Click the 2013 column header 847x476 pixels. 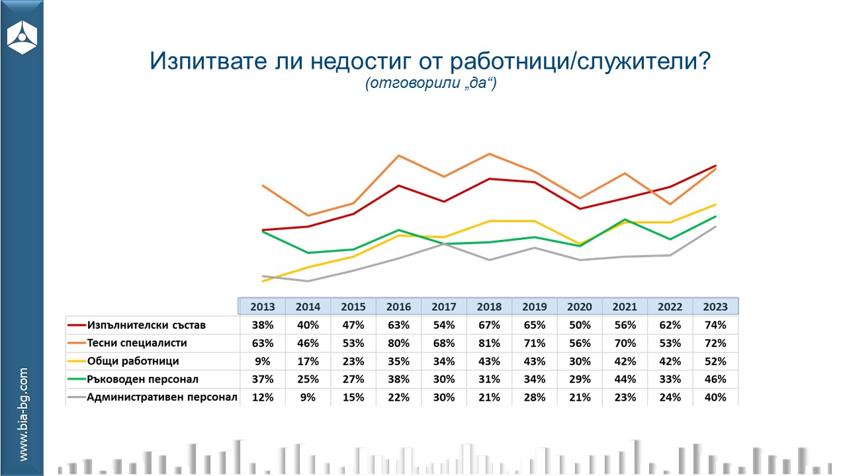(x=263, y=307)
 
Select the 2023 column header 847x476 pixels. (x=715, y=307)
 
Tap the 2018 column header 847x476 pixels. (x=489, y=307)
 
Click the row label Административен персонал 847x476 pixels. (x=162, y=397)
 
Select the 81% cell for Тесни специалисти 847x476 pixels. (x=489, y=343)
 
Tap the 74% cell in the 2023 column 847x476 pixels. (x=715, y=325)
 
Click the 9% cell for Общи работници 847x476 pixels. (x=263, y=362)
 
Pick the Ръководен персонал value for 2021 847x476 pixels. (x=625, y=379)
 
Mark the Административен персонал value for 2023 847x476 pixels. (x=715, y=397)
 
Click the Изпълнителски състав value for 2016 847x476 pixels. (x=398, y=325)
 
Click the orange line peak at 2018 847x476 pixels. (x=489, y=154)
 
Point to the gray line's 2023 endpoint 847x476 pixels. (x=716, y=227)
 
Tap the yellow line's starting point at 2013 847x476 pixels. (x=263, y=281)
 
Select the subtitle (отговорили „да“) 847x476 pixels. (x=430, y=85)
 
